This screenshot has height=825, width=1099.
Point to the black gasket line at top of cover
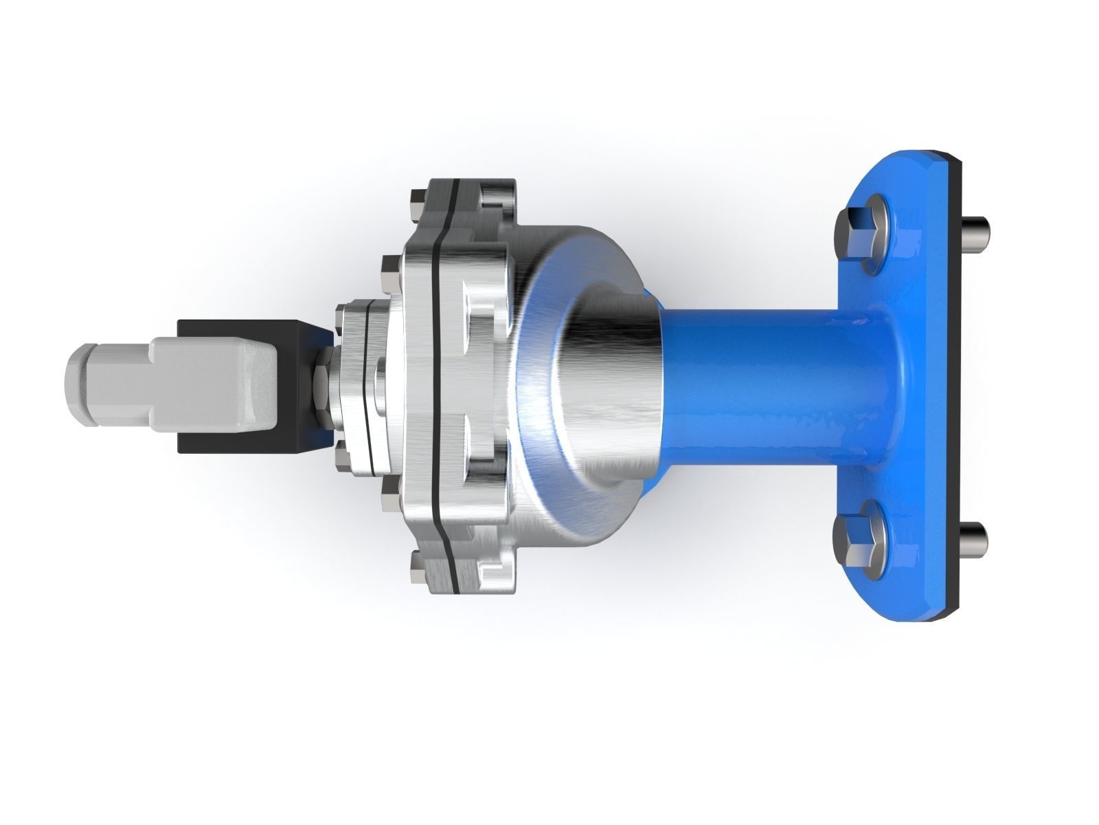[453, 199]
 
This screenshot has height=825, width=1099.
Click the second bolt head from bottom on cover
[386, 489]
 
